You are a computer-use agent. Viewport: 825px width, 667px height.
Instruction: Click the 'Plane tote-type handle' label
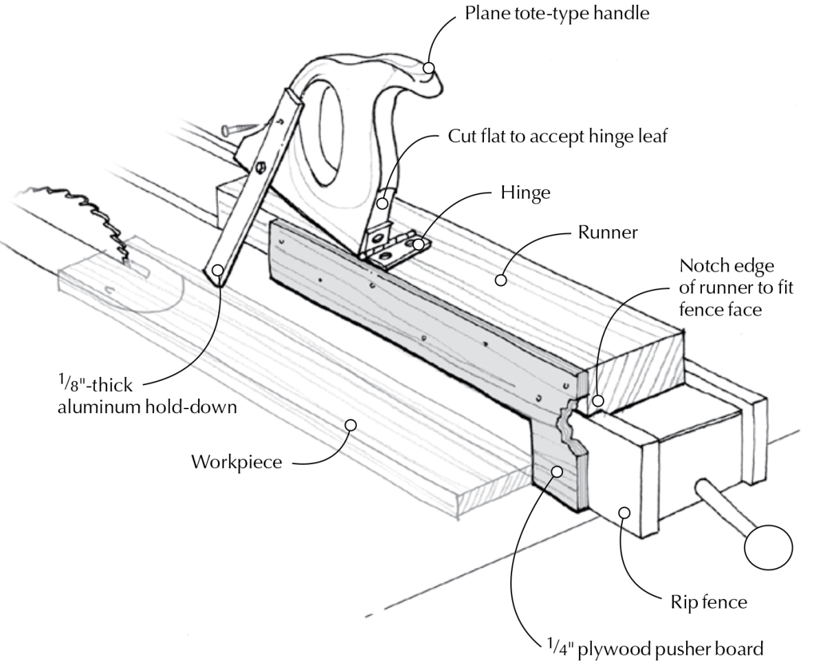pyautogui.click(x=557, y=14)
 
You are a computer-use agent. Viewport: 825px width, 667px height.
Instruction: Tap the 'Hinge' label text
pyautogui.click(x=525, y=193)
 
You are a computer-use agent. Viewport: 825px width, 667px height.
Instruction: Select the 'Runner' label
pyautogui.click(x=605, y=233)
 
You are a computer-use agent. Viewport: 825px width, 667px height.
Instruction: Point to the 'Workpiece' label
pyautogui.click(x=236, y=461)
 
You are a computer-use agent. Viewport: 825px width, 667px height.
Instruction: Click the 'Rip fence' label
pyautogui.click(x=708, y=603)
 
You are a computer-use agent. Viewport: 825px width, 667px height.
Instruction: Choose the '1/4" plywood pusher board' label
pyautogui.click(x=650, y=648)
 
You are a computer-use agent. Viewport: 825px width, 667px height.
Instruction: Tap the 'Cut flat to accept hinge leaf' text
pyautogui.click(x=558, y=136)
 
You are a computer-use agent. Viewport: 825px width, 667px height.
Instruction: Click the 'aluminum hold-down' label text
pyautogui.click(x=148, y=407)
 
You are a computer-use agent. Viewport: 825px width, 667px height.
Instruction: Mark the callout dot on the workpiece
pyautogui.click(x=350, y=425)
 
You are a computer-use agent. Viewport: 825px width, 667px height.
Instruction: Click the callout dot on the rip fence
pyautogui.click(x=624, y=512)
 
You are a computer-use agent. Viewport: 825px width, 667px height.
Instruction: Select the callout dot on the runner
pyautogui.click(x=501, y=281)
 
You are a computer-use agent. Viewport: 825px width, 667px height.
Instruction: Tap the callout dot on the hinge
pyautogui.click(x=419, y=244)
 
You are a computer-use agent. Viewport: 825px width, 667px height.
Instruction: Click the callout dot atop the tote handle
pyautogui.click(x=430, y=67)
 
